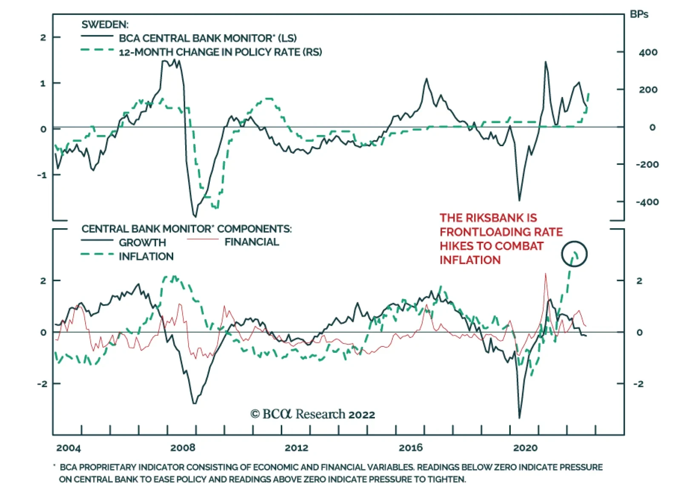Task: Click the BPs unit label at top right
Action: pos(638,14)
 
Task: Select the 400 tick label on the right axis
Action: pos(648,53)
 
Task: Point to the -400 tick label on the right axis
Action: pos(647,202)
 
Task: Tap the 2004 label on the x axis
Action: pos(68,448)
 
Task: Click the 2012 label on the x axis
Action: pos(296,448)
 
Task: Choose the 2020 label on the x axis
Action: pos(525,448)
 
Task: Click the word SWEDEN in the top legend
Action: pos(105,25)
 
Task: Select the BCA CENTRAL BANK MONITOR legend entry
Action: pos(208,38)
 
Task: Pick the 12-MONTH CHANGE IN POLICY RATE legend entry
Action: pos(220,52)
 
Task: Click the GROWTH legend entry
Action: pos(142,243)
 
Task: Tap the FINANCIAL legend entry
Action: pos(252,242)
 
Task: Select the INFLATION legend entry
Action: pos(146,257)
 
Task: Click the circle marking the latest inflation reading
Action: pos(574,254)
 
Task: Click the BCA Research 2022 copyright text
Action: pos(313,414)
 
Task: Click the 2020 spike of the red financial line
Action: pos(546,274)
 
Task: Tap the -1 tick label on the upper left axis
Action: pos(42,175)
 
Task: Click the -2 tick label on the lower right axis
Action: pos(638,384)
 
